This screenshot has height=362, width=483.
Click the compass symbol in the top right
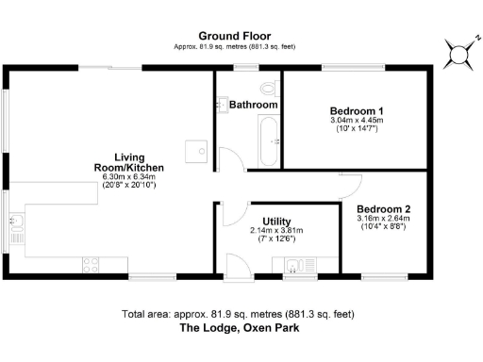coord(459,55)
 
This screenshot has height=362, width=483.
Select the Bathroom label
coord(252,105)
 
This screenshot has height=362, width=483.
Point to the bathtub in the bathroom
coord(269,140)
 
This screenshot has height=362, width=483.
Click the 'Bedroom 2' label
coord(383,209)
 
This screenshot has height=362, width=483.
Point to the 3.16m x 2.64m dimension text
coord(383,220)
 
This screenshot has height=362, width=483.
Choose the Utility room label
coord(276,221)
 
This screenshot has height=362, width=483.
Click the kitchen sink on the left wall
coord(16,222)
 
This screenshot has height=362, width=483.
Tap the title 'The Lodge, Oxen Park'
coord(241,330)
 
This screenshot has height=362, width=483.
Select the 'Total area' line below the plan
coord(241,314)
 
